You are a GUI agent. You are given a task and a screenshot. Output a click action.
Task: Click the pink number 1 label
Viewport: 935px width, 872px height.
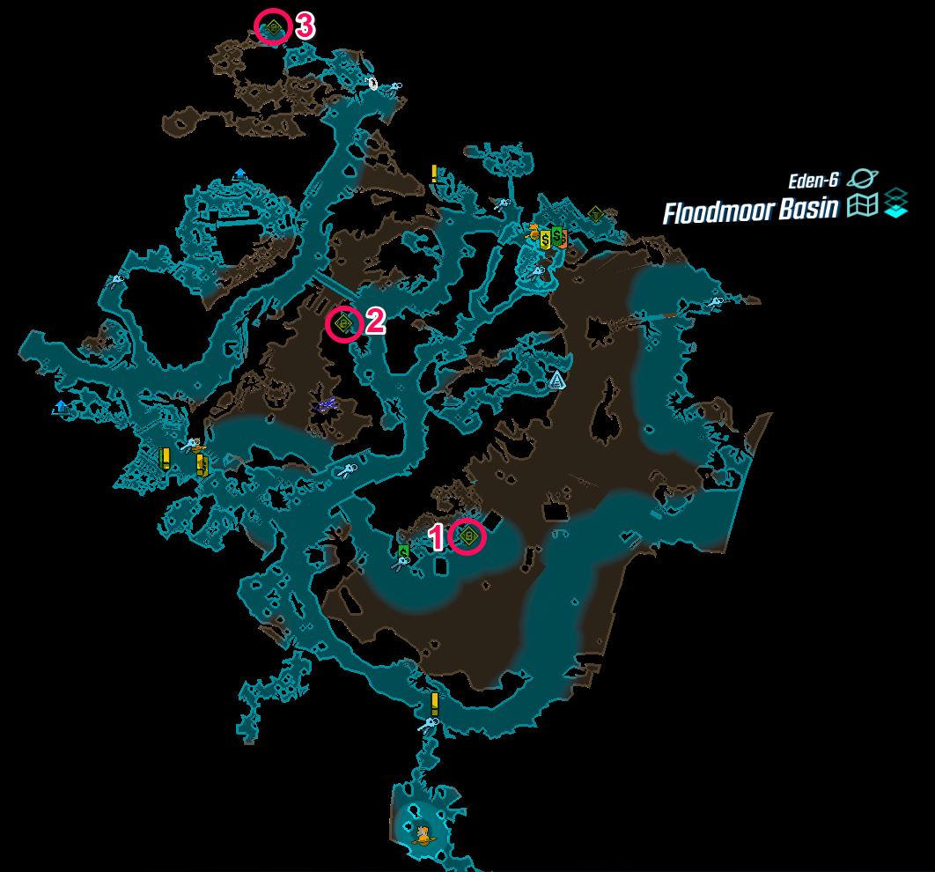pyautogui.click(x=436, y=537)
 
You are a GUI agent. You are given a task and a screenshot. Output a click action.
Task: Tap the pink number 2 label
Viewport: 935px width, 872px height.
pyautogui.click(x=375, y=321)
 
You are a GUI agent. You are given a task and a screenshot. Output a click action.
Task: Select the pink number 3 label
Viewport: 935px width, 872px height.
pyautogui.click(x=305, y=26)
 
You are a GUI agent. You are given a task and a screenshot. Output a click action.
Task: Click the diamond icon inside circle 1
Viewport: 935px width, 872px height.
pyautogui.click(x=468, y=536)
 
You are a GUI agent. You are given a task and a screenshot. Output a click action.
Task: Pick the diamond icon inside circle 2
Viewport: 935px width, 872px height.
pyautogui.click(x=344, y=324)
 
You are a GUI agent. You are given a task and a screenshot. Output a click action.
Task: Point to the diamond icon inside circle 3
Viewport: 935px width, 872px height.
pyautogui.click(x=274, y=26)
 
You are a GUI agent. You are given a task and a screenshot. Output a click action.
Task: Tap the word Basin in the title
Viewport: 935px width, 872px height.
pyautogui.click(x=808, y=209)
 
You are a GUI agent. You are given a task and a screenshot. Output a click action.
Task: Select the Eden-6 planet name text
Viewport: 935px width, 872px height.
pyautogui.click(x=814, y=181)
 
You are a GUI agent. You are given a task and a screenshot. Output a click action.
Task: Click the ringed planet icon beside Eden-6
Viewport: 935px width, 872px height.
pyautogui.click(x=862, y=178)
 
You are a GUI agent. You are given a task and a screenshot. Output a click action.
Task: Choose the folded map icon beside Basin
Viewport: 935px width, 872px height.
pyautogui.click(x=862, y=205)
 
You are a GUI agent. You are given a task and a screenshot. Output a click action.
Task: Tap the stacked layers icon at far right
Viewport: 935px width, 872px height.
pyautogui.click(x=895, y=203)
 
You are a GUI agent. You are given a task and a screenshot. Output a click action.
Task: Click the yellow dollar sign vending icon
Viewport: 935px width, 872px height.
pyautogui.click(x=546, y=240)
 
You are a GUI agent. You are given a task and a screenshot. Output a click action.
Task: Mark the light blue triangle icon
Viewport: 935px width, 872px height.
pyautogui.click(x=556, y=380)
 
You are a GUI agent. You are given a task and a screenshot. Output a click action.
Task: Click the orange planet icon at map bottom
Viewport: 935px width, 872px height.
pyautogui.click(x=423, y=835)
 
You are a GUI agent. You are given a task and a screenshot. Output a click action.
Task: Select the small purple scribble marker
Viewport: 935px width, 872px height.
pyautogui.click(x=326, y=405)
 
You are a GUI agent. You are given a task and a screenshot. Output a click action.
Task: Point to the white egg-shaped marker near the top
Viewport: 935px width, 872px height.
pyautogui.click(x=373, y=84)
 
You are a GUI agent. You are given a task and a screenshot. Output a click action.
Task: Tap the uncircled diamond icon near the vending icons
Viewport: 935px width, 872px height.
pyautogui.click(x=595, y=214)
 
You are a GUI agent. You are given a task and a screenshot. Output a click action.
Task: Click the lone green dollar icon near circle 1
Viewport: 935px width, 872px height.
pyautogui.click(x=404, y=551)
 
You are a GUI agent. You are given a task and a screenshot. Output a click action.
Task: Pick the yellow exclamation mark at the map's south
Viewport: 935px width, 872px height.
pyautogui.click(x=435, y=705)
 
